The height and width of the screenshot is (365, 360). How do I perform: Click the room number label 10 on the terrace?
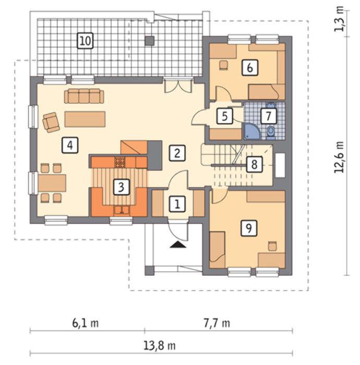point(85,41)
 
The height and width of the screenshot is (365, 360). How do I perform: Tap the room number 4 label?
point(70,145)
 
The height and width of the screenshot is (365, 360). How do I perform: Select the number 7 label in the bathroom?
point(269,116)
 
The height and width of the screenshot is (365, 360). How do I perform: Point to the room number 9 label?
point(249,228)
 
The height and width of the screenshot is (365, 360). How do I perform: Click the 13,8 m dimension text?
point(159,346)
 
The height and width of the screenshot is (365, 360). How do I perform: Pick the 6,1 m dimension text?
point(85,323)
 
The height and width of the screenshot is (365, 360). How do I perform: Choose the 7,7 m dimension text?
point(217,323)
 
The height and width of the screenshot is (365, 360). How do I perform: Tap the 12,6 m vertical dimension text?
point(339,157)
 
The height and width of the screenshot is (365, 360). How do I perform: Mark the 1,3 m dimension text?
point(339,19)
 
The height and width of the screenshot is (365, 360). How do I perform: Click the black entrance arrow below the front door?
point(178,245)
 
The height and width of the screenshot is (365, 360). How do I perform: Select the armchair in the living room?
point(51,122)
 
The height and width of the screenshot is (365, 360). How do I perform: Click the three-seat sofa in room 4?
point(84,96)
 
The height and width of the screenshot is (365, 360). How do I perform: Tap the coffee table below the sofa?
point(85,119)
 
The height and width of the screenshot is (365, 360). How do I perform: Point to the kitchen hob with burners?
point(120,162)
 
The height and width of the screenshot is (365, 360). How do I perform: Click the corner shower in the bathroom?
point(252,132)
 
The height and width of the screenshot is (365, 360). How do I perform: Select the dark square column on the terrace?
point(150,41)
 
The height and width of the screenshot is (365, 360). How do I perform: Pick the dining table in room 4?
point(52,183)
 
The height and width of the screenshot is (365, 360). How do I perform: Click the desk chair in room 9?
point(272,246)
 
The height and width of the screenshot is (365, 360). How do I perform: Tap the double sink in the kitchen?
point(122,210)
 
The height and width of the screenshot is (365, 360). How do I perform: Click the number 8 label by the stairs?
point(254,164)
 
